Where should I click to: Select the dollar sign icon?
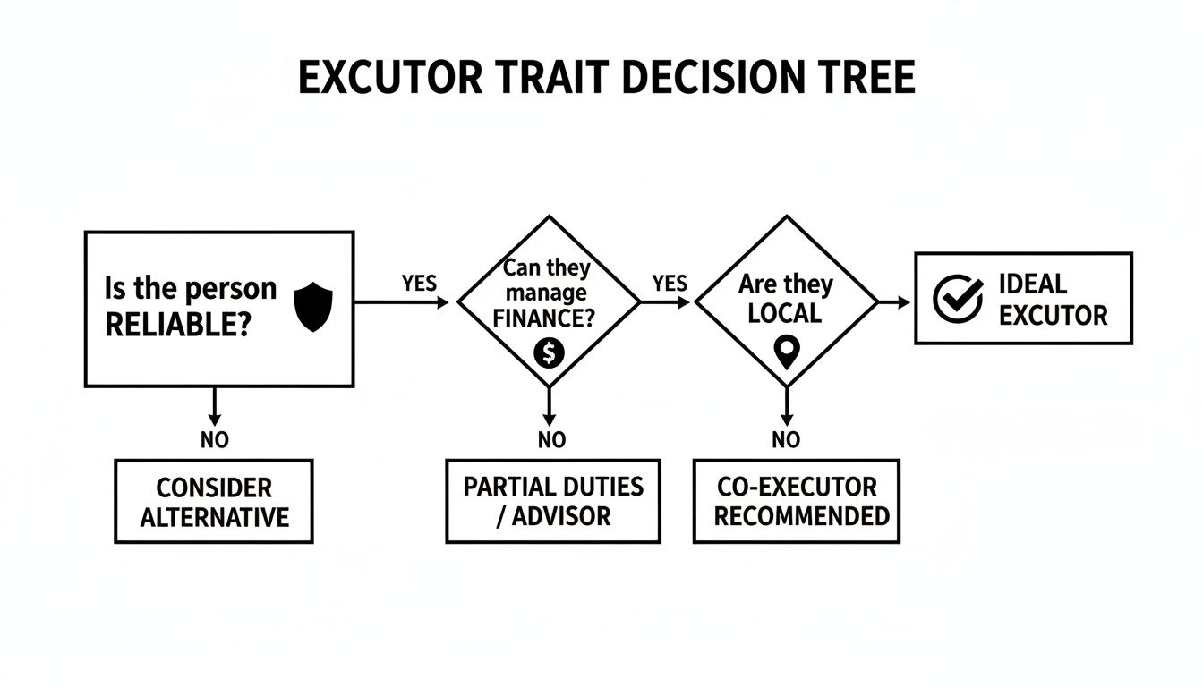[549, 353]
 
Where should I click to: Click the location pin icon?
[786, 352]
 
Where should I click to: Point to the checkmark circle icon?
[958, 299]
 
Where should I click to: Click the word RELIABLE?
[177, 325]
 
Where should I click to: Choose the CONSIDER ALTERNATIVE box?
[214, 502]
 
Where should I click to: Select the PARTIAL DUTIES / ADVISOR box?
[553, 501]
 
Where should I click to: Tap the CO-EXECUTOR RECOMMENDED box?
[797, 502]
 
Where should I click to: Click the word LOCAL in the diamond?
[785, 313]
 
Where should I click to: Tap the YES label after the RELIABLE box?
[419, 284]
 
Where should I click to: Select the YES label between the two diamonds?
[670, 284]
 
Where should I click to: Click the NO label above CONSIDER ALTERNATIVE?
[215, 440]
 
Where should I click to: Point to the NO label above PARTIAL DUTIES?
[551, 440]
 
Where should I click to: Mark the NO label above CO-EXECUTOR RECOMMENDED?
[786, 440]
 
